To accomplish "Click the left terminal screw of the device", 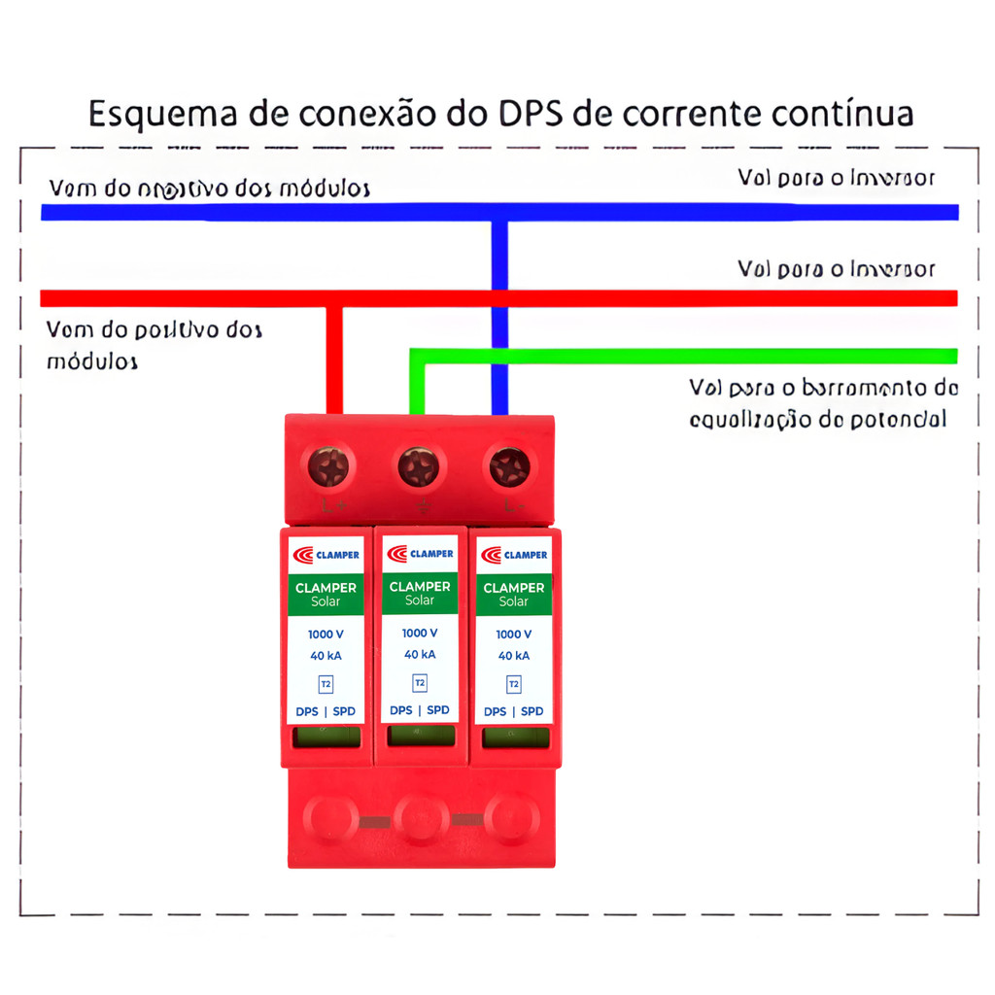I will click(328, 467).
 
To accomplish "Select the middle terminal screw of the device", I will click(419, 467).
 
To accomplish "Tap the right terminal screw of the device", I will click(509, 467).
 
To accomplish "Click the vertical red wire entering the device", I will click(333, 360).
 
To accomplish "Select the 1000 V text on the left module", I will click(326, 635).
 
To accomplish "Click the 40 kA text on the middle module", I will click(420, 654).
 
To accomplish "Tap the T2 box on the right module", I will click(514, 684).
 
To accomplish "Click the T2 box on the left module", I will click(326, 684).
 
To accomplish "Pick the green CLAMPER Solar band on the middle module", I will click(420, 593).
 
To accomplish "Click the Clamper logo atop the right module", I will click(514, 555).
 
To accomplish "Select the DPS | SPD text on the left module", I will click(326, 711).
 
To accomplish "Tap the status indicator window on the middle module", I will click(420, 736).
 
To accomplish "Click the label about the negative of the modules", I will click(209, 188).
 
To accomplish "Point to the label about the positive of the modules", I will click(154, 345).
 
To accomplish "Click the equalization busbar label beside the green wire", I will click(823, 403).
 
